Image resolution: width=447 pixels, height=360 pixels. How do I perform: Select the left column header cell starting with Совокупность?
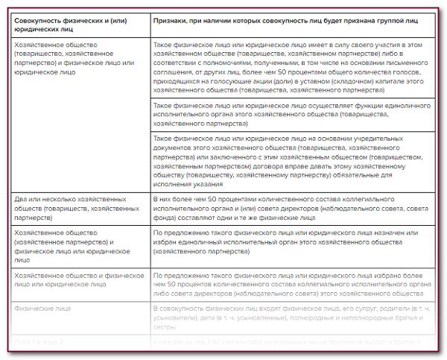(x=77, y=28)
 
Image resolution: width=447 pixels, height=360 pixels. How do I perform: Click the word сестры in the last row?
(x=164, y=326)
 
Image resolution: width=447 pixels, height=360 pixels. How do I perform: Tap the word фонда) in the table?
(x=166, y=219)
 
